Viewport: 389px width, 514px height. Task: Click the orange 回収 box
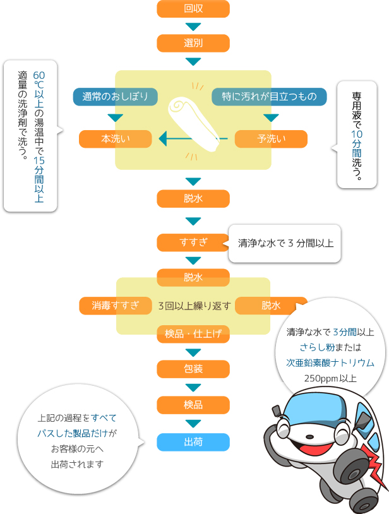(193, 9)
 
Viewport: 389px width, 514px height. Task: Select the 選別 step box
(193, 43)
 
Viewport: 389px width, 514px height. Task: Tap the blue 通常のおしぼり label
(115, 97)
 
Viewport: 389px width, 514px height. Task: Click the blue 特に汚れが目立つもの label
(269, 97)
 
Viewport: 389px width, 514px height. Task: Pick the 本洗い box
(115, 139)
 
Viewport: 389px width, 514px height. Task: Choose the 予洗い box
(271, 139)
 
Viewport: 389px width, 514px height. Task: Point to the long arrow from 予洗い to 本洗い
(193, 138)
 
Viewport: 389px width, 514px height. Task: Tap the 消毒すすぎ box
(115, 306)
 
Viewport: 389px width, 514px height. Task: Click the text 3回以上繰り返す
(194, 306)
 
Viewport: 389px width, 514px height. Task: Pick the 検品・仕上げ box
(193, 334)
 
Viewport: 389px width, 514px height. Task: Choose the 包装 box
(193, 368)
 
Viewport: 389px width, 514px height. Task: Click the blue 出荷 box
(193, 442)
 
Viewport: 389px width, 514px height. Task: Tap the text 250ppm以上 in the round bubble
(330, 379)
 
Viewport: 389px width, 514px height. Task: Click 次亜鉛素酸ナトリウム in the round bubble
(330, 363)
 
